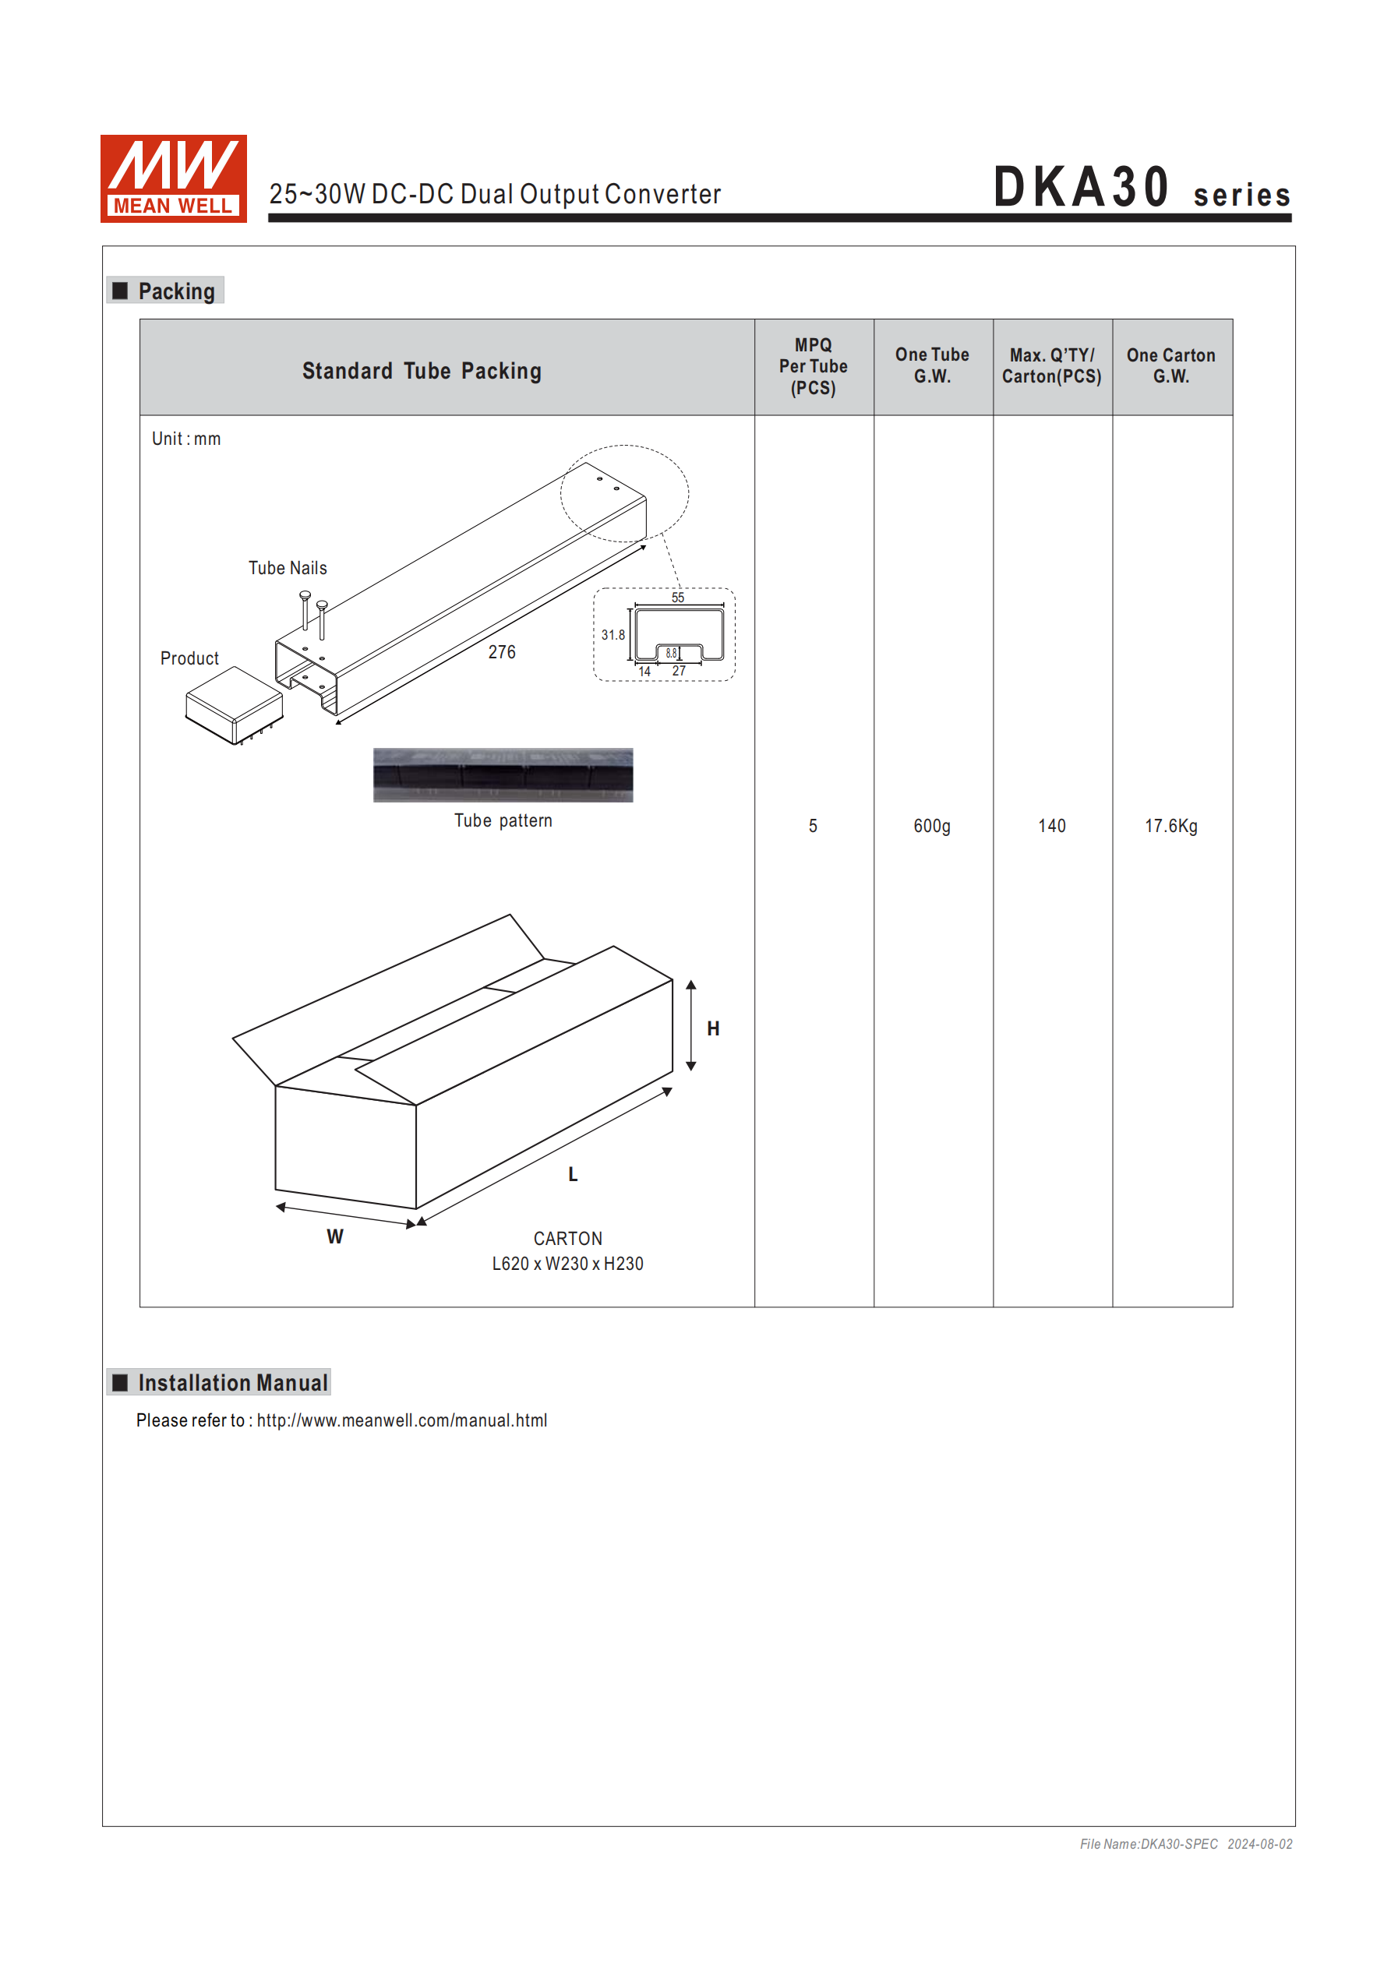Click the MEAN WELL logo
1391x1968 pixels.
click(x=173, y=178)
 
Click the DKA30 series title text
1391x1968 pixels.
click(x=1141, y=188)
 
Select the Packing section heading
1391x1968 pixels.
click(x=176, y=291)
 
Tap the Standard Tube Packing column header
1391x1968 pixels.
click(x=421, y=370)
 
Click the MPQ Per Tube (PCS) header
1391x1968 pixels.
click(x=813, y=366)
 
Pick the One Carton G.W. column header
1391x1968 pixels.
click(x=1170, y=366)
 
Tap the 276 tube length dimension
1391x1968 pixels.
click(x=502, y=652)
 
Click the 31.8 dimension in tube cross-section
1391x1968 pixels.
click(x=613, y=635)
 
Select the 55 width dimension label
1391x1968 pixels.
click(x=677, y=598)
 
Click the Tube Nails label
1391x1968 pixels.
click(x=288, y=568)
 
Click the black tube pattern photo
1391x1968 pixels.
click(x=503, y=775)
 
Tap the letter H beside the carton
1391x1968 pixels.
click(x=713, y=1028)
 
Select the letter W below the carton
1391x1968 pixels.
click(x=334, y=1237)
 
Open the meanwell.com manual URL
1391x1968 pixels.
click(x=401, y=1420)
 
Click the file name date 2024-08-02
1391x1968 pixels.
click(x=1259, y=1843)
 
